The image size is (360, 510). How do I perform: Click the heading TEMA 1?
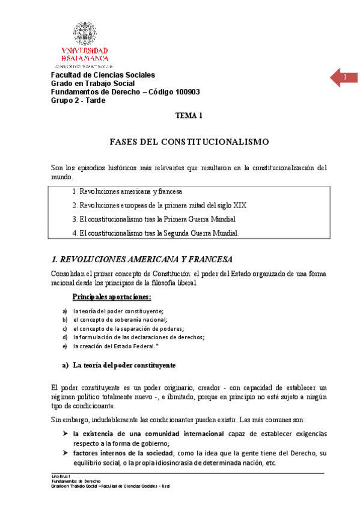[189, 115]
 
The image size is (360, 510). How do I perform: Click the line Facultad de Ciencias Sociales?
[103, 75]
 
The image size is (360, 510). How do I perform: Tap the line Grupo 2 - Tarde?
[78, 100]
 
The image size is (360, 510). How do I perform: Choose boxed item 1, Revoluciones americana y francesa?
[127, 191]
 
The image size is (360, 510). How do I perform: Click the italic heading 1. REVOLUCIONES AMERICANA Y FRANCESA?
[142, 260]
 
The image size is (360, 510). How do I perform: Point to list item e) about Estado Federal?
[124, 346]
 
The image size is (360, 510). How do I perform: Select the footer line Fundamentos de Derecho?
[67, 481]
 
